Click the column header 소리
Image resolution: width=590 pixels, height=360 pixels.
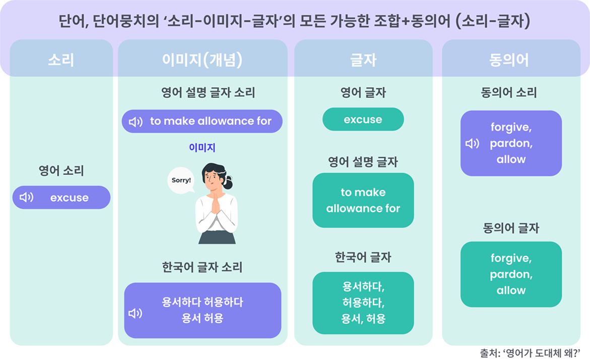point(61,60)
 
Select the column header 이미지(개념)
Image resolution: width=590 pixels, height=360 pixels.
point(203,60)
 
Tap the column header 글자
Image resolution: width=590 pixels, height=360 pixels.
point(363,60)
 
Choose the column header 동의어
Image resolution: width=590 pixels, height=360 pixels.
point(509,60)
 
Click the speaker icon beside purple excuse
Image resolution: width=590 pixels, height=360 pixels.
point(26,197)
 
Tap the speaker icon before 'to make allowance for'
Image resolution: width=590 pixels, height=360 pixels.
point(136,122)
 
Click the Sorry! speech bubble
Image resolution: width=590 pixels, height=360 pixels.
point(181,181)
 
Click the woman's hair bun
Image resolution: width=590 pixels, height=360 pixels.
point(228,184)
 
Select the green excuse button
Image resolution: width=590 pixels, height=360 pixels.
point(363,119)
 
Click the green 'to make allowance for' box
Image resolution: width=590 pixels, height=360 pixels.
point(363,200)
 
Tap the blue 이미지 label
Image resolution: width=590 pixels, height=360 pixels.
point(202,148)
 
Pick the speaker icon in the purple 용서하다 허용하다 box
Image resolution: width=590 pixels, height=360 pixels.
point(136,313)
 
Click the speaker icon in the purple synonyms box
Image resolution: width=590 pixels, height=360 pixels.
point(472,144)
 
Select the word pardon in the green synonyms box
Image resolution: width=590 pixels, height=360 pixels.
point(511,274)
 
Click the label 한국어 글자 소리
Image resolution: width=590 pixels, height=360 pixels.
point(202,267)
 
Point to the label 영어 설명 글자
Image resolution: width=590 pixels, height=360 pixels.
point(363,162)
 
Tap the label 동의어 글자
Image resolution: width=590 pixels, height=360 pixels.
point(511,228)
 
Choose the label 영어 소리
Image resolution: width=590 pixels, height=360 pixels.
point(61,170)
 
